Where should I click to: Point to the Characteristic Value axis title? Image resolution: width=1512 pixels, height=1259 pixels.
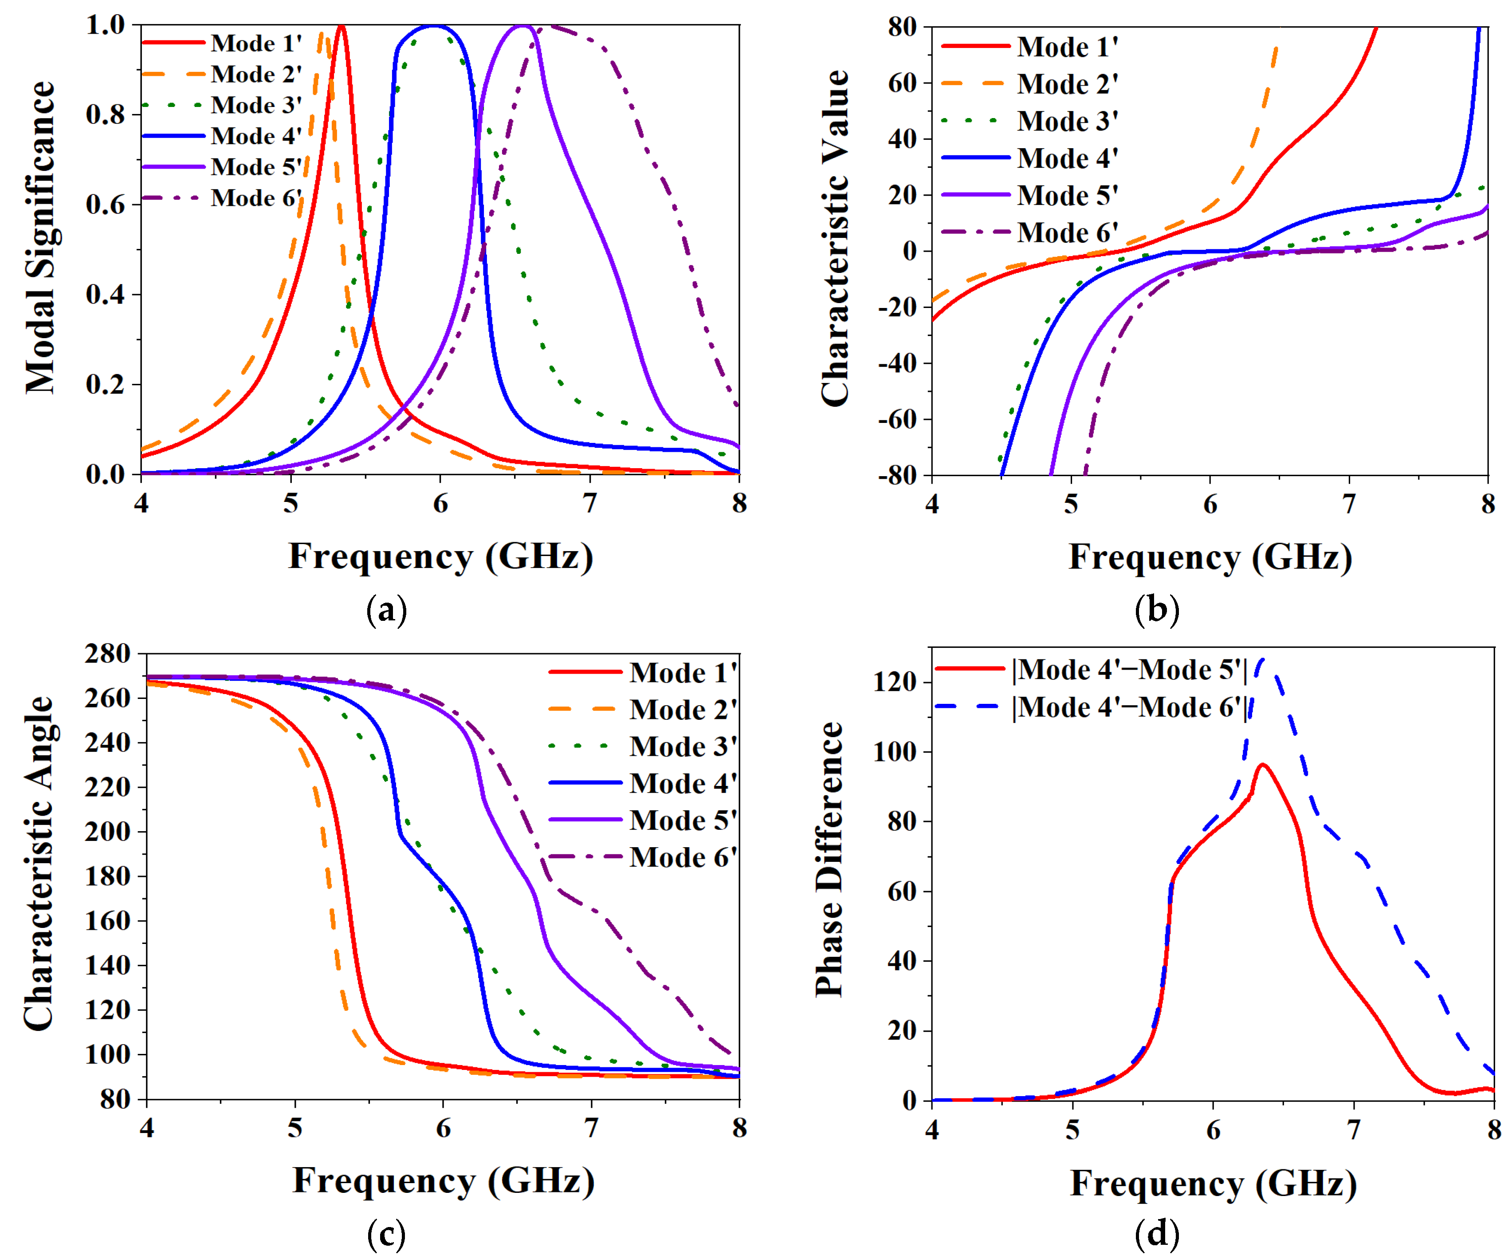(x=835, y=238)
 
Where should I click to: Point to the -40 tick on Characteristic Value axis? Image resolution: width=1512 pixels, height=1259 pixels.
(x=897, y=363)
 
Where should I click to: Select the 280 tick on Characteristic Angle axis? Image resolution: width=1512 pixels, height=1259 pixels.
(x=108, y=654)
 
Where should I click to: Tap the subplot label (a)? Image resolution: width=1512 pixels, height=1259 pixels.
(x=387, y=610)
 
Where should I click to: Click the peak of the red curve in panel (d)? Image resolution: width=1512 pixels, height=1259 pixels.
(x=1262, y=765)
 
